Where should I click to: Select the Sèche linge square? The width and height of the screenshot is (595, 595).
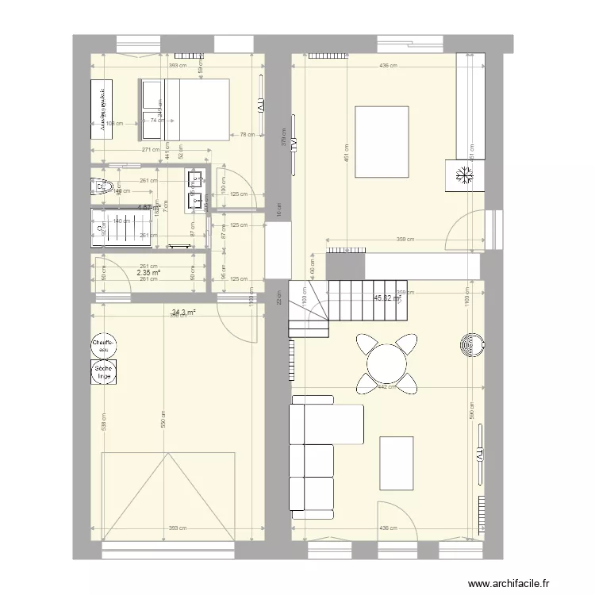pyautogui.click(x=104, y=372)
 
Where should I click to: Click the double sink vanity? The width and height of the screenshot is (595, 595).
pyautogui.click(x=195, y=191)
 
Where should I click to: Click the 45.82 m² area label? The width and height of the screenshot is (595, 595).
pyautogui.click(x=387, y=298)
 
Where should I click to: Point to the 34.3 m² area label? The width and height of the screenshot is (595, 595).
pyautogui.click(x=183, y=312)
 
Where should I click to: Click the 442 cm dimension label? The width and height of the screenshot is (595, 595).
pyautogui.click(x=386, y=388)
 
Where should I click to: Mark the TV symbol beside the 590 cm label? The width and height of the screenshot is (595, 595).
pyautogui.click(x=480, y=456)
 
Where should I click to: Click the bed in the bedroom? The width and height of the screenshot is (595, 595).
pyautogui.click(x=185, y=109)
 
